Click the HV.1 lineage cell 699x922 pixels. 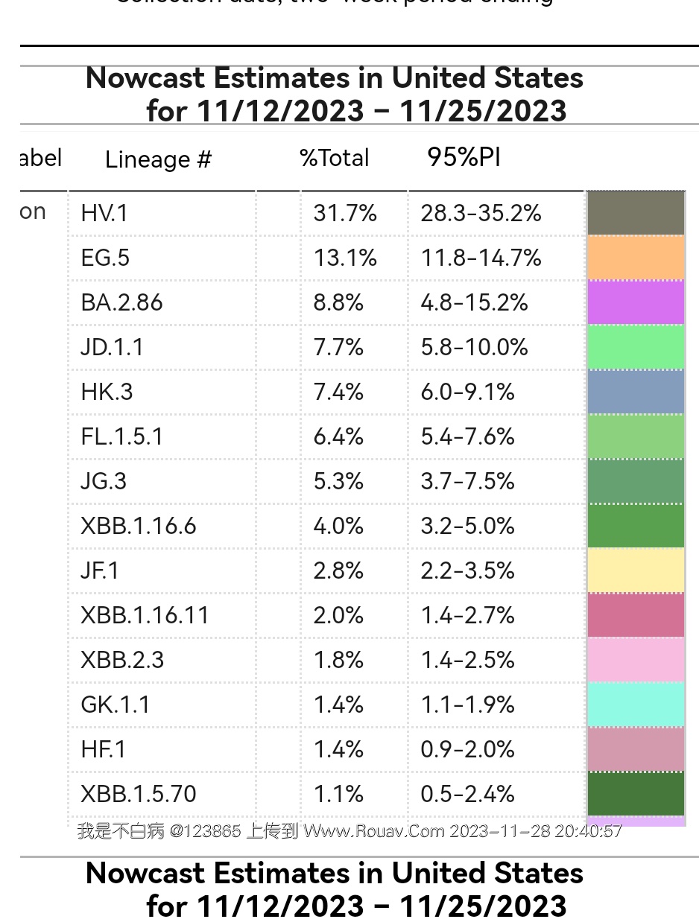point(104,214)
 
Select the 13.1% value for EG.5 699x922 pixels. point(345,258)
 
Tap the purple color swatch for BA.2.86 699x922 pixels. point(636,302)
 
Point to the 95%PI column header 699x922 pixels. point(464,157)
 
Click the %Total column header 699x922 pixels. point(334,158)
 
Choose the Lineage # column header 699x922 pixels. point(158,159)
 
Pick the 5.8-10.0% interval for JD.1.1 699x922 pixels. point(474,348)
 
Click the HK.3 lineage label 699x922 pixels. point(107,392)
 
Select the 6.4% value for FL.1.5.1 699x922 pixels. point(338,437)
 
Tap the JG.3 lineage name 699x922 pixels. point(104,482)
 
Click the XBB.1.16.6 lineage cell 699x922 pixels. point(139,527)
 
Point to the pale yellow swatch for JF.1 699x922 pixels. point(636,570)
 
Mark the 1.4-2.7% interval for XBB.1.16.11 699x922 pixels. point(467,616)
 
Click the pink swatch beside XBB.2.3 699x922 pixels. point(636,660)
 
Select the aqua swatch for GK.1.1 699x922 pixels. point(636,705)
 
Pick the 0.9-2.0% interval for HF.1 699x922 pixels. point(467,750)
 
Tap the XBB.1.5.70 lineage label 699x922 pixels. point(139,795)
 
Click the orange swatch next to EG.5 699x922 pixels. point(636,258)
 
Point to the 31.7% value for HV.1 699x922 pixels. point(345,214)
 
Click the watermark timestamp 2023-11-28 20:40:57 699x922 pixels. point(536,831)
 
